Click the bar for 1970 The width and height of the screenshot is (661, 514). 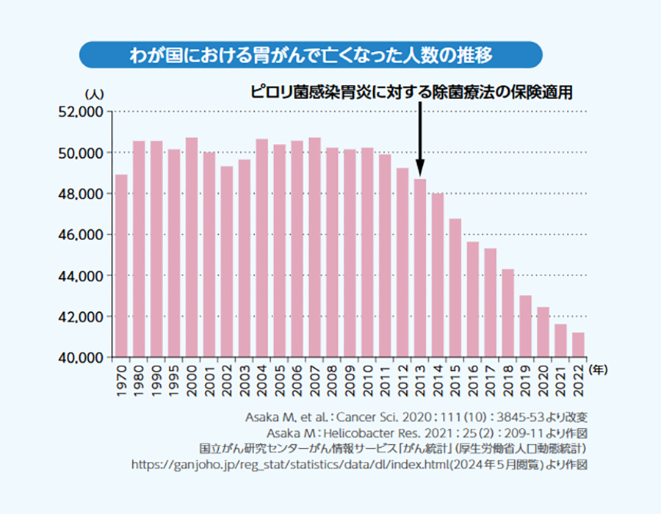[x=121, y=266]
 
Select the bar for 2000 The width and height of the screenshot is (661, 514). [x=192, y=247]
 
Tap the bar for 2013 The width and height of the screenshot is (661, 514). [x=420, y=268]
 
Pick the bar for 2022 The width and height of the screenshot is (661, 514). [x=579, y=344]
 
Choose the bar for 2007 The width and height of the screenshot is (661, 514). [x=314, y=247]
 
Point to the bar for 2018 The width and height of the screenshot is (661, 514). [x=508, y=313]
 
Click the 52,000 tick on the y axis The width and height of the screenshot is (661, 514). [x=82, y=112]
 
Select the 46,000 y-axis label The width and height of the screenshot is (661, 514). [x=82, y=235]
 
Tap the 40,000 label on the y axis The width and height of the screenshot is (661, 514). [x=82, y=358]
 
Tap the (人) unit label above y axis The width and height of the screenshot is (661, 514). [x=95, y=94]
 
